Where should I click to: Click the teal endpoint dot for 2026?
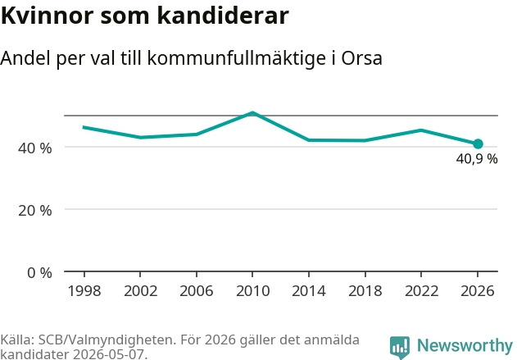[x=478, y=144]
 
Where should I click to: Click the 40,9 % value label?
[x=477, y=159]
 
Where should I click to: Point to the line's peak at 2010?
[x=252, y=113]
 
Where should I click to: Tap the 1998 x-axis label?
[x=84, y=291]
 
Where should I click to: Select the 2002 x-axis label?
[x=140, y=291]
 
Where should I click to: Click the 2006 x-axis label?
[x=197, y=291]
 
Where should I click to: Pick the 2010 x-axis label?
[x=253, y=291]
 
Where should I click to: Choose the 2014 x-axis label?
[x=309, y=291]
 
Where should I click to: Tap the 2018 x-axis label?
[x=365, y=291]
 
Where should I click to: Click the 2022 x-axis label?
[x=421, y=291]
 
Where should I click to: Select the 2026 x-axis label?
[x=478, y=291]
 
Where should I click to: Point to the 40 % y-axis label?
[x=35, y=148]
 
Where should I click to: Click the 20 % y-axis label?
[x=35, y=211]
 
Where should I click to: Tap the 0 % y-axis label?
[x=39, y=273]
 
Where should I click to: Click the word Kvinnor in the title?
[x=48, y=16]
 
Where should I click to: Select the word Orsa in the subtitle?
[x=361, y=58]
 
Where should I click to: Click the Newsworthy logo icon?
[x=400, y=348]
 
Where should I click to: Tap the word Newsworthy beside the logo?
[x=465, y=345]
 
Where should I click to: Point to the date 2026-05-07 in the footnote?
[x=108, y=354]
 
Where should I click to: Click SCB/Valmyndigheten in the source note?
[x=106, y=339]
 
